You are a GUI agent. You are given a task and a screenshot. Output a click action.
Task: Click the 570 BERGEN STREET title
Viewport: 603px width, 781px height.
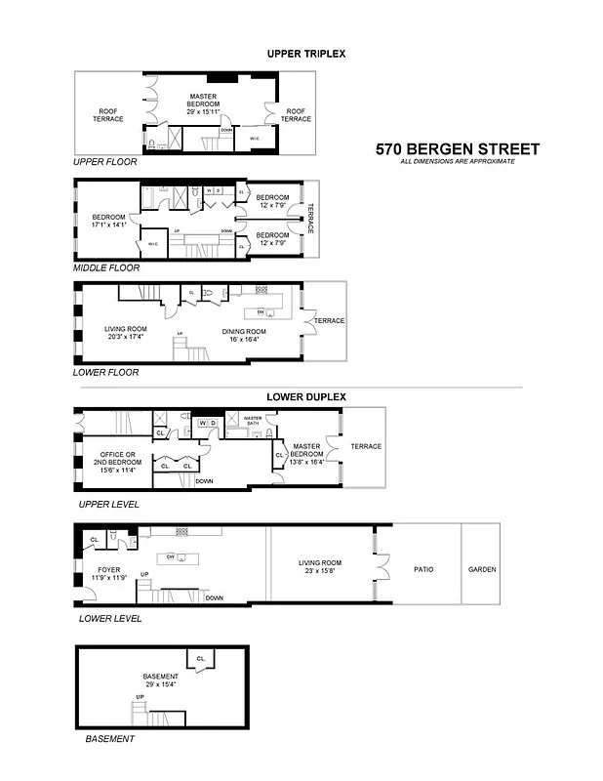click(x=457, y=149)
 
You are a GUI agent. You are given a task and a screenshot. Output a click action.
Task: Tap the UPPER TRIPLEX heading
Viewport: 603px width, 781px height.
click(x=305, y=54)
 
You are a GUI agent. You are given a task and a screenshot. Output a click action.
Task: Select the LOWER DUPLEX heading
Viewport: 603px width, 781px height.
click(x=305, y=396)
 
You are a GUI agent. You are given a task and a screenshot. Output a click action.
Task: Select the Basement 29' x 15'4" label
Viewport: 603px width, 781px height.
click(x=161, y=680)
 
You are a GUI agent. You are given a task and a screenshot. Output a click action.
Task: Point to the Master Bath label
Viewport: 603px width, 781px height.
click(x=253, y=420)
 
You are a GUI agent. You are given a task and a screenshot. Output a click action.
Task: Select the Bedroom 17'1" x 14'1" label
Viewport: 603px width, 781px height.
click(x=109, y=221)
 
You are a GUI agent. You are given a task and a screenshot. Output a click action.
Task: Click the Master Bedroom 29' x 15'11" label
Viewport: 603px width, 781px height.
click(x=209, y=100)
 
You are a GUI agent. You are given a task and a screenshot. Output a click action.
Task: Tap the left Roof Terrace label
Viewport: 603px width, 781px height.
click(x=108, y=114)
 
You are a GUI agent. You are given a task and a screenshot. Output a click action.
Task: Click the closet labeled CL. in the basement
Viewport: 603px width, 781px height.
click(x=201, y=659)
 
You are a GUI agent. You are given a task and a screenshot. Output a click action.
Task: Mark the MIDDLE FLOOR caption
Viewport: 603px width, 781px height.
click(x=106, y=267)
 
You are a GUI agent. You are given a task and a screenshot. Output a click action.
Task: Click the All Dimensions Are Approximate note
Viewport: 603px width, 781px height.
click(x=457, y=161)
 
